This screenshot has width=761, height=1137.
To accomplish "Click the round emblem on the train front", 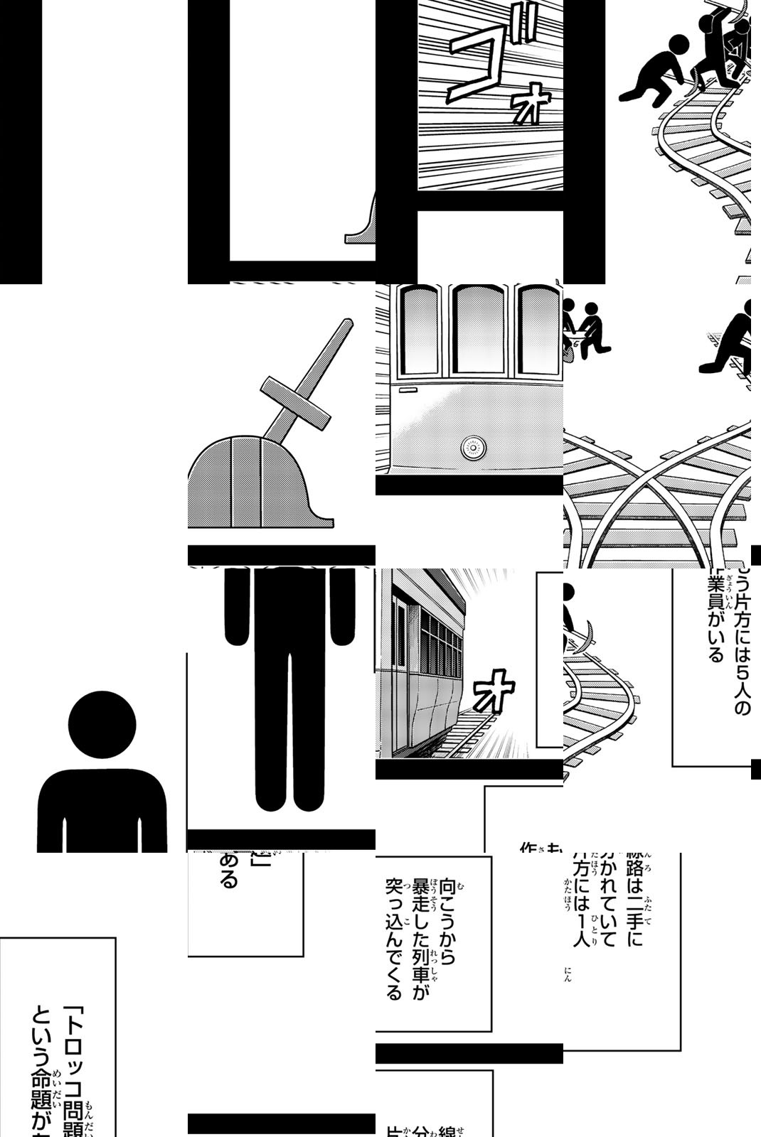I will [x=472, y=447].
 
